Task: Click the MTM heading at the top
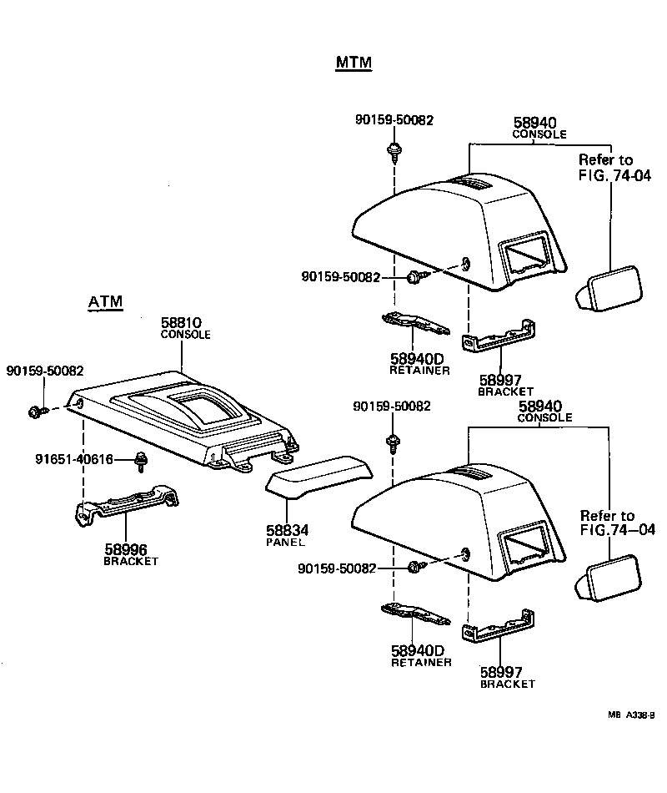tap(354, 63)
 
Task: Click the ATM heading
tap(105, 301)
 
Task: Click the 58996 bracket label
tap(126, 549)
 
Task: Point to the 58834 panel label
tap(286, 530)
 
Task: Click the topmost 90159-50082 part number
tap(394, 120)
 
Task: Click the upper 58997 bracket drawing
tap(498, 334)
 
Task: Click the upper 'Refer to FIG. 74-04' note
tap(605, 167)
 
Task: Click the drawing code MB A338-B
tap(631, 715)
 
